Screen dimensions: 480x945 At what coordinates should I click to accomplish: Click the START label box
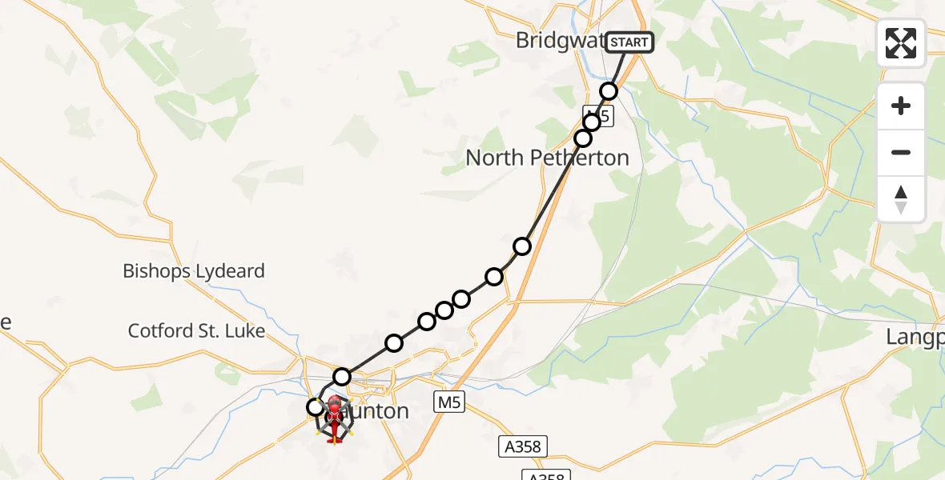pyautogui.click(x=629, y=42)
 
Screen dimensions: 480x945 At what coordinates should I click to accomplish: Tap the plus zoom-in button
pyautogui.click(x=901, y=106)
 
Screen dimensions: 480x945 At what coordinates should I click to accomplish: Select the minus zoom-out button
pyautogui.click(x=901, y=152)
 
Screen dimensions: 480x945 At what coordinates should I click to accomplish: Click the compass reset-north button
pyautogui.click(x=901, y=199)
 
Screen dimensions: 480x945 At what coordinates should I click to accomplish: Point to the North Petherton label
pyautogui.click(x=547, y=158)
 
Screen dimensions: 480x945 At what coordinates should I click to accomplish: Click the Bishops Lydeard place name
pyautogui.click(x=193, y=271)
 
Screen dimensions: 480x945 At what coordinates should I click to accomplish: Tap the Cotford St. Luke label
pyautogui.click(x=196, y=330)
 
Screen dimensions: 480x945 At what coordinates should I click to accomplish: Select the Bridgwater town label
pyautogui.click(x=559, y=41)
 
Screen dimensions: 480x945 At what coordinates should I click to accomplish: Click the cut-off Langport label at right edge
pyautogui.click(x=915, y=338)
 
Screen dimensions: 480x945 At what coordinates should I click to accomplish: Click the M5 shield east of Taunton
pyautogui.click(x=450, y=402)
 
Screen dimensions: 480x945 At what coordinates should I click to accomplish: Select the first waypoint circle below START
pyautogui.click(x=609, y=91)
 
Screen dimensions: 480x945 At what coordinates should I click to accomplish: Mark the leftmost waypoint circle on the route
pyautogui.click(x=316, y=407)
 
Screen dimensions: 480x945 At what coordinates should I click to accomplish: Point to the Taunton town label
pyautogui.click(x=370, y=412)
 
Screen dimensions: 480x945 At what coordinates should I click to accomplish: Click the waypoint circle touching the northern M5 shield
pyautogui.click(x=592, y=122)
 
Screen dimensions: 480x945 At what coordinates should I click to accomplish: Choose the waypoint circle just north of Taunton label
pyautogui.click(x=342, y=376)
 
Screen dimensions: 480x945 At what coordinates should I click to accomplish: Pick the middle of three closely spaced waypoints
pyautogui.click(x=444, y=310)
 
